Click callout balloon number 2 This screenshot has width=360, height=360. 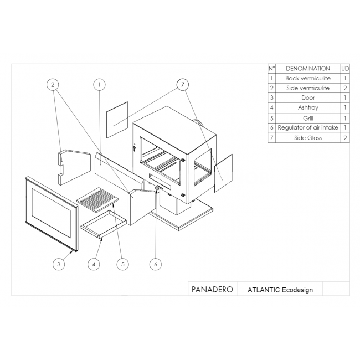(x=53, y=85)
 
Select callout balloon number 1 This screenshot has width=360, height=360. (x=99, y=85)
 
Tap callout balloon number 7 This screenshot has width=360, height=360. (x=183, y=85)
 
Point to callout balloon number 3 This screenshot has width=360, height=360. (x=59, y=264)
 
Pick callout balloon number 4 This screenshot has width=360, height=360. (x=94, y=264)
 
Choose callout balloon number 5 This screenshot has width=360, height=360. (x=122, y=264)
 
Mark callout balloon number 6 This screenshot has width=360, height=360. (x=156, y=264)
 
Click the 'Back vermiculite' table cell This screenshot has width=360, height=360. (x=308, y=78)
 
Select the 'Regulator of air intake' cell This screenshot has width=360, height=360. (x=308, y=127)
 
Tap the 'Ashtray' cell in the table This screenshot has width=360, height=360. (x=308, y=107)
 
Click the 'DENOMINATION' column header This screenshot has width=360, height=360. (x=308, y=69)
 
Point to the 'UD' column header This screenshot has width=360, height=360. (x=345, y=69)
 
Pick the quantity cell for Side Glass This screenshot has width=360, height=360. (x=345, y=138)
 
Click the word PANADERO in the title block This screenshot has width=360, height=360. (x=212, y=290)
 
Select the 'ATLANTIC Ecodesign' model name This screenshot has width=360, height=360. (x=280, y=290)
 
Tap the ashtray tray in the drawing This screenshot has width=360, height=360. (x=104, y=224)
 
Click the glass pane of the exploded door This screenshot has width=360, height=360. (x=51, y=214)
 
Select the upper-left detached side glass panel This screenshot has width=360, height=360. (x=117, y=120)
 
